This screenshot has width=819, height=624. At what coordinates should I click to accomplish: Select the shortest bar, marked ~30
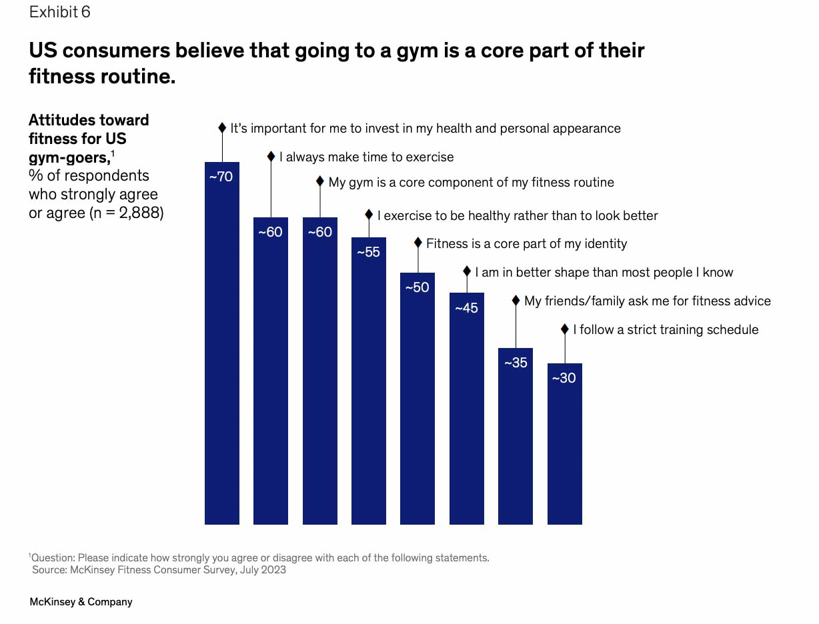tap(565, 447)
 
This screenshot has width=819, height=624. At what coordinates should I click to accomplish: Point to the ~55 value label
tap(369, 253)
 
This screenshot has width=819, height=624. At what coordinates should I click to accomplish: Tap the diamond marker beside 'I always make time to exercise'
tap(271, 157)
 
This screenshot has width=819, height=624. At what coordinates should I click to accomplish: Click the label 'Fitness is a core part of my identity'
tap(526, 243)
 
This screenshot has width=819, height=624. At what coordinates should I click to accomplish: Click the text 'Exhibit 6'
tap(59, 12)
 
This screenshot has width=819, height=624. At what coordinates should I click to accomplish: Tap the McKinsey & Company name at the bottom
tap(81, 601)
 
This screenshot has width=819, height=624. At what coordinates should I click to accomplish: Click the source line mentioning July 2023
tap(159, 569)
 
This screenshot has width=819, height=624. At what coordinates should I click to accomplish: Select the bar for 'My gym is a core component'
tap(319, 373)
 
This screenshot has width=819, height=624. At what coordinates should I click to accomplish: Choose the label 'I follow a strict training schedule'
tap(665, 329)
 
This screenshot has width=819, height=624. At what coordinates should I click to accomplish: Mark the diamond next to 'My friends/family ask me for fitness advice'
tap(516, 301)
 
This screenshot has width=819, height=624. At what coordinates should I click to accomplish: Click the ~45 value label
tap(467, 308)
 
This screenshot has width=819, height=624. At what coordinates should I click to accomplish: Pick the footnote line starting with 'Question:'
tap(260, 557)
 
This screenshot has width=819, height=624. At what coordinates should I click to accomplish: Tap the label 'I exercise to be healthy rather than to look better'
tap(518, 215)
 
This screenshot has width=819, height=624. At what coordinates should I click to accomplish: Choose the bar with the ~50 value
tap(418, 400)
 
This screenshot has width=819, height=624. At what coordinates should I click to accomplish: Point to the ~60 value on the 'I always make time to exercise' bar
tap(271, 233)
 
